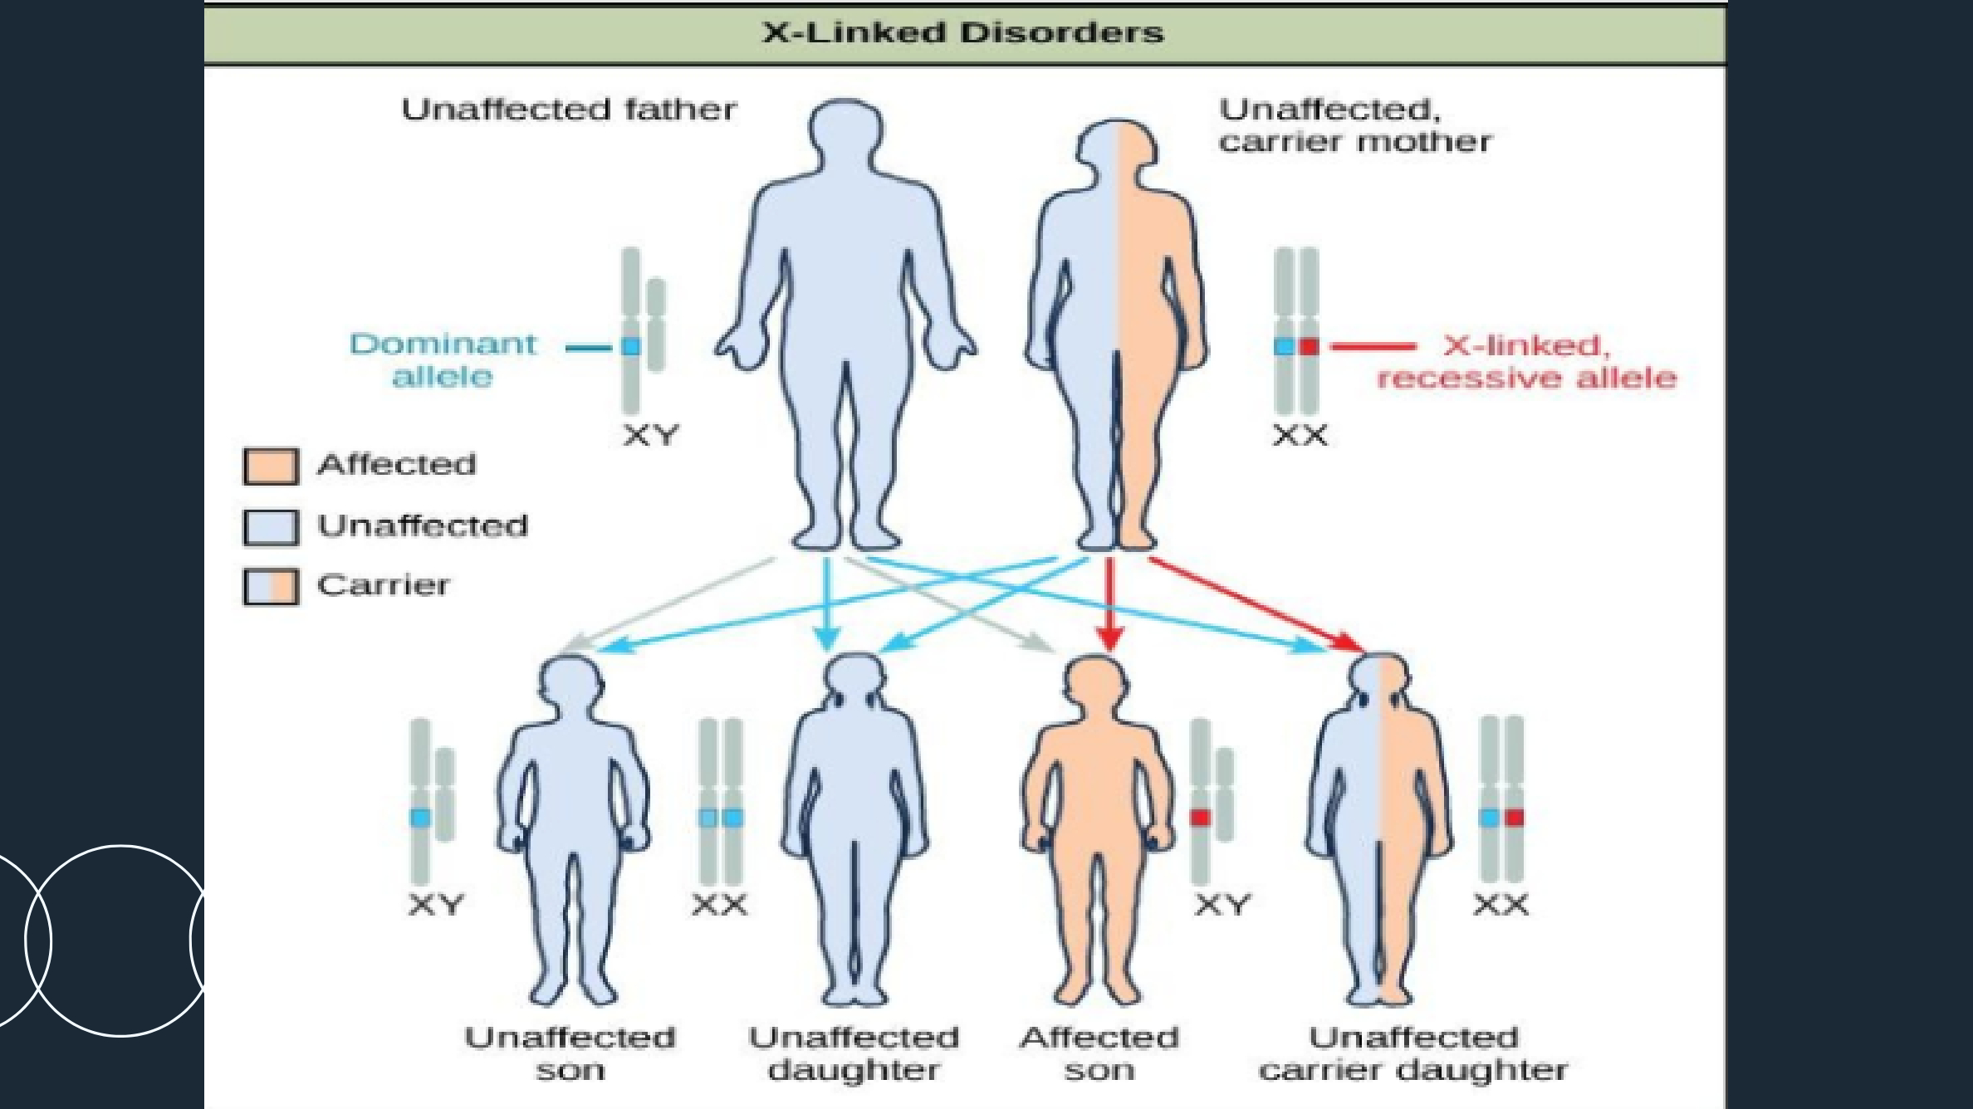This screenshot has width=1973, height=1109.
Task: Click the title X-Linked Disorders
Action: point(963,33)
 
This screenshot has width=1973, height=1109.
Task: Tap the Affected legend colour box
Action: point(271,466)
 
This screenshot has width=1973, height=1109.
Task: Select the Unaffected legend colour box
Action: point(271,527)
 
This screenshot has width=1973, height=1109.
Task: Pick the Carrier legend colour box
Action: point(271,587)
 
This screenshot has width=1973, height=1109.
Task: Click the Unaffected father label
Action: point(569,110)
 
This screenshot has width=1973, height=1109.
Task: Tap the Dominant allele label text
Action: point(443,360)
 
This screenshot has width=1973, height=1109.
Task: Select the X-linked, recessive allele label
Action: point(1526,362)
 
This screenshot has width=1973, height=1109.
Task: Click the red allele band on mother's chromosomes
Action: point(1310,346)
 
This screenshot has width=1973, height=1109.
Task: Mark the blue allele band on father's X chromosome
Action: point(631,346)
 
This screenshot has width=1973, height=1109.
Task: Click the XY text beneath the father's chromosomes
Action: point(651,435)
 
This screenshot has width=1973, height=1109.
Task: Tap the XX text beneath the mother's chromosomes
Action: point(1300,435)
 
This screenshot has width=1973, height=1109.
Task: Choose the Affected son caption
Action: point(1099,1053)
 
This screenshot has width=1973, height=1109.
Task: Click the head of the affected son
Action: point(1095,685)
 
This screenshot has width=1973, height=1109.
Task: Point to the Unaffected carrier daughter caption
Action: point(1413,1053)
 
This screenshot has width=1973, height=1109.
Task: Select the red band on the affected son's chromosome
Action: point(1200,818)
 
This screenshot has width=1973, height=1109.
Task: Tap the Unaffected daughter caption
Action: point(854,1053)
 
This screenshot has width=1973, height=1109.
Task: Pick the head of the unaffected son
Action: point(570,685)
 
